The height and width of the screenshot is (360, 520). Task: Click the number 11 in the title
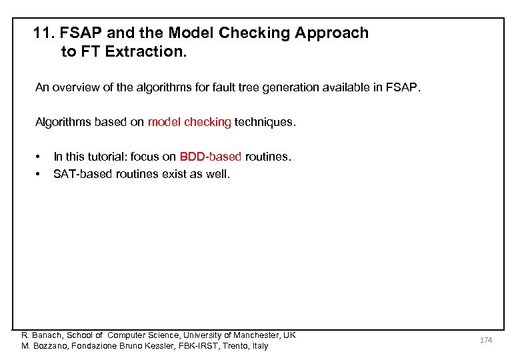tap(42, 33)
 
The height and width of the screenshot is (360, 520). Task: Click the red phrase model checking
tap(189, 122)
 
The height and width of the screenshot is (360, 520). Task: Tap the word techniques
tap(265, 122)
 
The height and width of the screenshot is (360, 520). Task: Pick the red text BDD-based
tap(211, 157)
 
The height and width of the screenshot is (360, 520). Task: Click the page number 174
tap(486, 340)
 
